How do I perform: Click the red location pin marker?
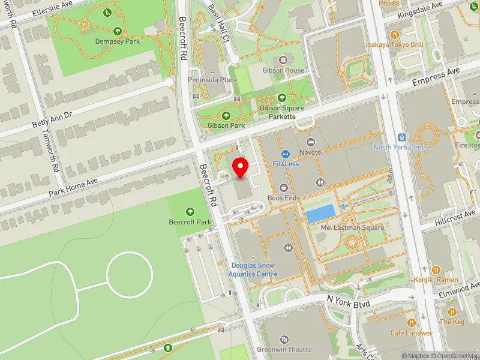(241, 167)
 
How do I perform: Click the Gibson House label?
(283, 70)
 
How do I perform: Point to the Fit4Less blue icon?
(286, 154)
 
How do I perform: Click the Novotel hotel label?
(311, 152)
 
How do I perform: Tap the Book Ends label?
(283, 197)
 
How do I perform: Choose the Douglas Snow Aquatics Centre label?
(254, 270)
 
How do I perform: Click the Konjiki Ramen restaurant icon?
(436, 270)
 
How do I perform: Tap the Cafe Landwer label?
(411, 333)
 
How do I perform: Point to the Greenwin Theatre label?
(284, 349)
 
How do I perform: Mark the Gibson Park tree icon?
(226, 116)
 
